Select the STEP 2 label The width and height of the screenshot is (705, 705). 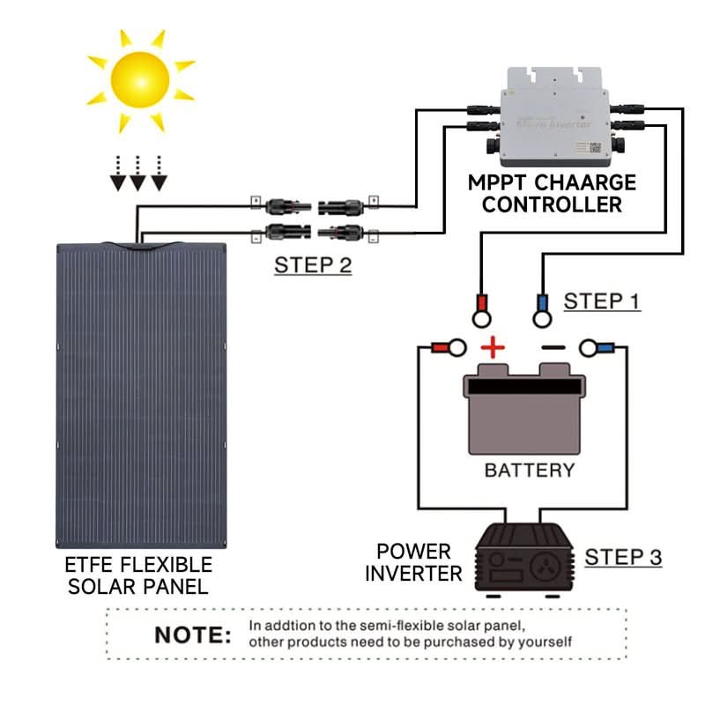pos(313,264)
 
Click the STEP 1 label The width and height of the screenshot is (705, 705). pos(602,301)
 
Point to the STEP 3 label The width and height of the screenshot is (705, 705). pos(623,557)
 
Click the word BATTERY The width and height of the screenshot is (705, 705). pos(529,470)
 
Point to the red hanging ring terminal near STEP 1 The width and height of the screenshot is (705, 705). pos(481,308)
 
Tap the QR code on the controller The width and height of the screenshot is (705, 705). pos(595,147)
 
